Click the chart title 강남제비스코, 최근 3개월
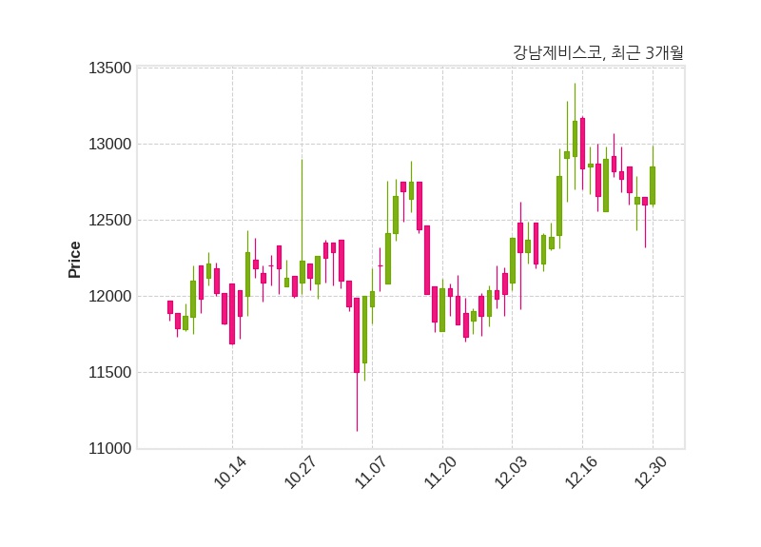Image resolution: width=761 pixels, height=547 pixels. pos(597,53)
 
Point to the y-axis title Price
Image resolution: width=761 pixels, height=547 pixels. pos(75,260)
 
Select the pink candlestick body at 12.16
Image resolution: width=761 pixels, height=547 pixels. pos(582,144)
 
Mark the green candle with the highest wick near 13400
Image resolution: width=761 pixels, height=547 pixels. pos(575,138)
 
